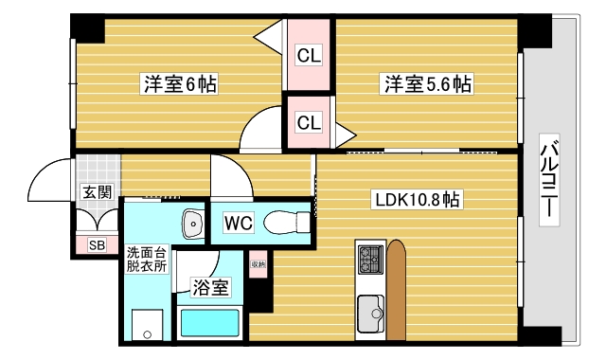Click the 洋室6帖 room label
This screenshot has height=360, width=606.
tap(180, 84)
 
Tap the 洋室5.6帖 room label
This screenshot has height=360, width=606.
tap(427, 84)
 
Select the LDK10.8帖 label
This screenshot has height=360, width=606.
tap(418, 200)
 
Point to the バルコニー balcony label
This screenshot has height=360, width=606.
tap(548, 180)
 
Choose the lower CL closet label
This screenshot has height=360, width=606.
tap(309, 122)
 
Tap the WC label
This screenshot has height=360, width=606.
tap(237, 224)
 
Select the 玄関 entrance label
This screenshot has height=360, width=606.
tap(97, 192)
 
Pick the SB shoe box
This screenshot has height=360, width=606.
tap(97, 245)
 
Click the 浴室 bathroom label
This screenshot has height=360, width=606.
tap(208, 284)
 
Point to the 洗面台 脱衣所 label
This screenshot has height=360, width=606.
tap(147, 259)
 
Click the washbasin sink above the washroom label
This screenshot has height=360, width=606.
tap(193, 225)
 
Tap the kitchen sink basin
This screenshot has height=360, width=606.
tap(369, 309)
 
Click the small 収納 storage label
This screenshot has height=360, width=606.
tap(258, 264)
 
